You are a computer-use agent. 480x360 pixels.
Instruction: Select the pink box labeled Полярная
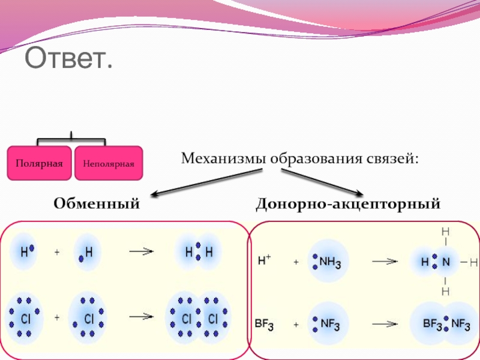pyautogui.click(x=40, y=163)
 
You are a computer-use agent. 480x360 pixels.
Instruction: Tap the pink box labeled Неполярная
pyautogui.click(x=109, y=163)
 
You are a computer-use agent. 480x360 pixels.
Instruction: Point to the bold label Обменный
pyautogui.click(x=97, y=204)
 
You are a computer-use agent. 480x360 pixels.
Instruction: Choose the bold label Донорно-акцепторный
pyautogui.click(x=348, y=204)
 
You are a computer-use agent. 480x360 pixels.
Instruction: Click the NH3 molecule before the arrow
pyautogui.click(x=328, y=262)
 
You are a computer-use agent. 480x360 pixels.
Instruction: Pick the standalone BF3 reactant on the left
pyautogui.click(x=264, y=326)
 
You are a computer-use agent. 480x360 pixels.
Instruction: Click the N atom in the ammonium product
pyautogui.click(x=445, y=262)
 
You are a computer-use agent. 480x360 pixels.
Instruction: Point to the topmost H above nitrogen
pyautogui.click(x=445, y=232)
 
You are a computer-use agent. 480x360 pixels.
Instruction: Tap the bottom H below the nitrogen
pyautogui.click(x=445, y=292)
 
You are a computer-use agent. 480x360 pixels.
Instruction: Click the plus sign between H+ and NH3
pyautogui.click(x=296, y=262)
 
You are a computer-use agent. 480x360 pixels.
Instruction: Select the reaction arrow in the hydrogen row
pyautogui.click(x=139, y=252)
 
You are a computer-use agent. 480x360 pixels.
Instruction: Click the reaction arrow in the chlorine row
pyautogui.click(x=139, y=316)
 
